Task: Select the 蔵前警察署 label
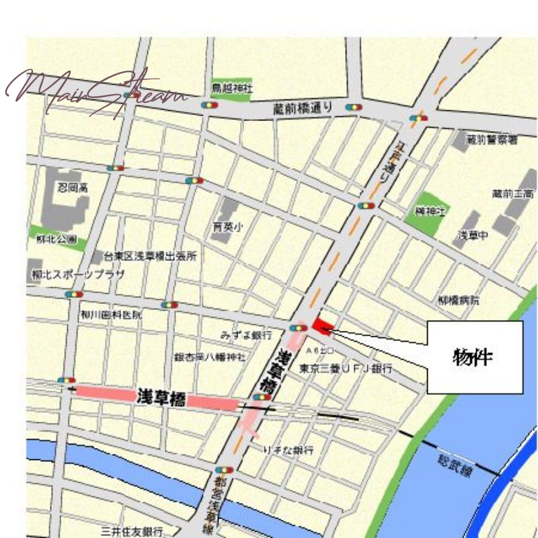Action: tap(494, 139)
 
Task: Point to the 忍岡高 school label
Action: tap(72, 188)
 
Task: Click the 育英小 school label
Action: tap(227, 227)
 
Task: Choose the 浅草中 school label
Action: tap(473, 235)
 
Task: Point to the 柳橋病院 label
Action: tap(459, 301)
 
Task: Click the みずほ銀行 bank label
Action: tap(246, 334)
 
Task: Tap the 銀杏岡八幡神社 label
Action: tap(210, 356)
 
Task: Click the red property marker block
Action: tap(321, 327)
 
